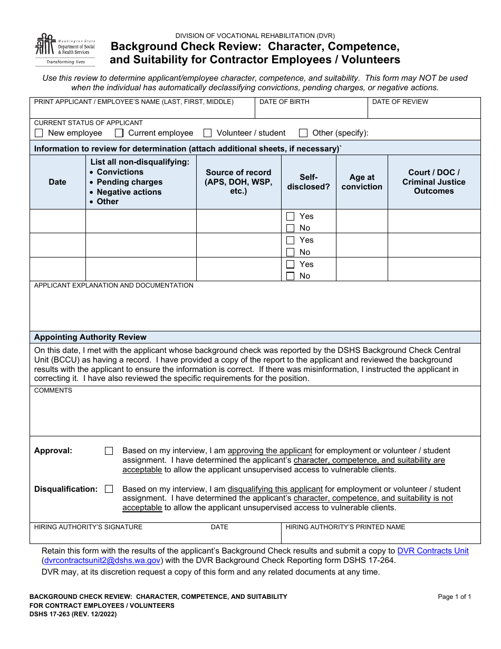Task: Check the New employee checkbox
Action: pos(38,133)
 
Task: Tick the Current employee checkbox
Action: pos(119,133)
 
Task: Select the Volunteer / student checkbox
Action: pos(208,133)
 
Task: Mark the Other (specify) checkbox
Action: pos(303,133)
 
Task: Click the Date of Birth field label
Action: pos(284,102)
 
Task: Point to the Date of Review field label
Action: pos(400,102)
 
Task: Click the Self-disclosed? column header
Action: pos(309,182)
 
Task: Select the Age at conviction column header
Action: pos(362,182)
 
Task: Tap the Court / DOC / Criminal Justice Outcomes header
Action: pos(434,182)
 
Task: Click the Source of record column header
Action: pos(238,182)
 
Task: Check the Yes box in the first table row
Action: pos(291,216)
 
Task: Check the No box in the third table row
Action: pos(291,276)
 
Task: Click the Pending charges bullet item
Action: pos(129,182)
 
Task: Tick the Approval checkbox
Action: pos(109,451)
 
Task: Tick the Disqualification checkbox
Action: pos(109,489)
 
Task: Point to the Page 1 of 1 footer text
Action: pos(454,597)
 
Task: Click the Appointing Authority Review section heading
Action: pos(90,337)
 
